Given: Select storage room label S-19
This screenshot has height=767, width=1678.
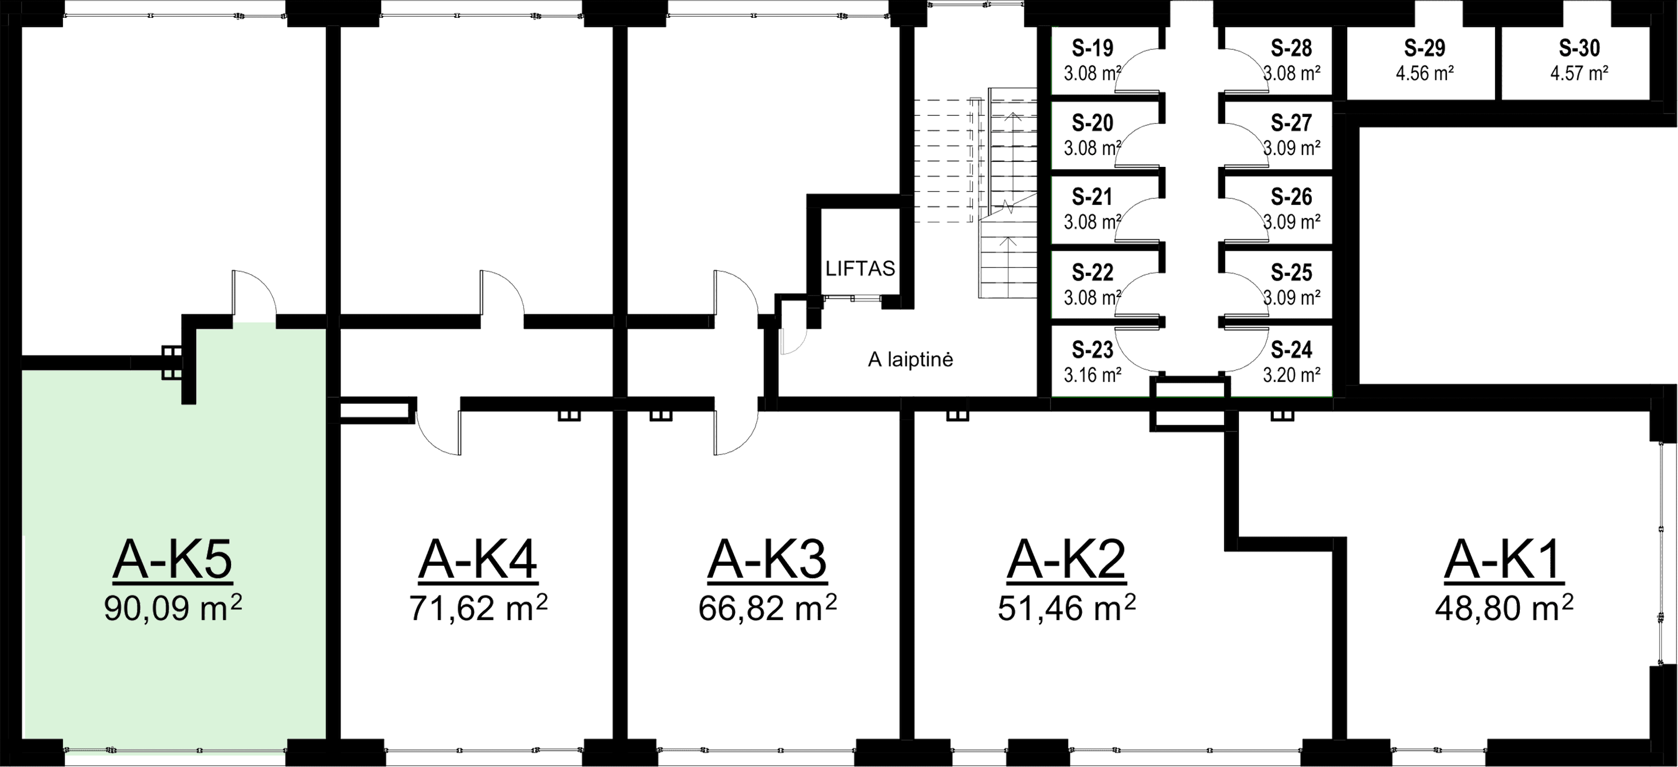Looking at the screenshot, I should [1093, 48].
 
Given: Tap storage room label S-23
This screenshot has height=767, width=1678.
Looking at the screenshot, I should [1093, 351].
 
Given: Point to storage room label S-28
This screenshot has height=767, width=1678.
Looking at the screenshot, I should [1292, 48].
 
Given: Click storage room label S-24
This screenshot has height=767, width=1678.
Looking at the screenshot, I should [1292, 351].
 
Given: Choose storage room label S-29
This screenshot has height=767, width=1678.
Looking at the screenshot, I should [1425, 48].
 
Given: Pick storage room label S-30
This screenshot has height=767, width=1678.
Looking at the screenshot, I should [1579, 48].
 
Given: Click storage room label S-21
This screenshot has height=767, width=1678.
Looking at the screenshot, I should [1093, 197].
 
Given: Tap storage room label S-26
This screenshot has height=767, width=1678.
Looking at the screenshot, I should [1292, 197].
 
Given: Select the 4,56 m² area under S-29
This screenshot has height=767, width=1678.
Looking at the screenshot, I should [1425, 72].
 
